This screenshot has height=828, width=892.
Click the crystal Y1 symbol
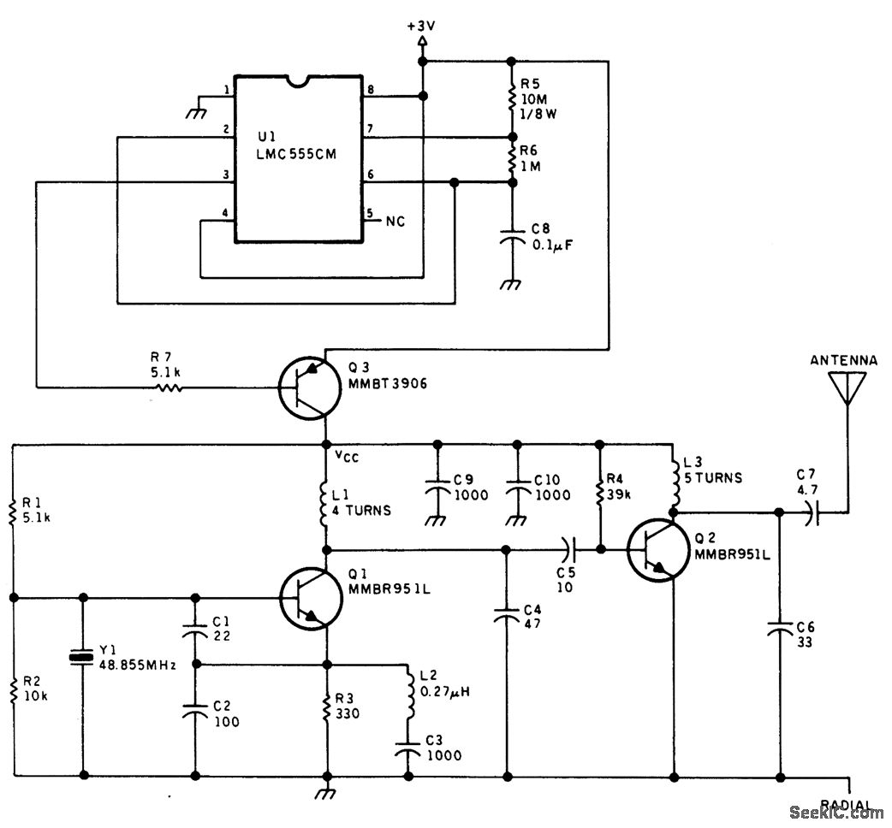pyautogui.click(x=83, y=657)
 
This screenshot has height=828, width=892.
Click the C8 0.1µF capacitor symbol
pyautogui.click(x=511, y=240)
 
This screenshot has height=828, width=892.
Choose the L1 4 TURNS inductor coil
pyautogui.click(x=327, y=503)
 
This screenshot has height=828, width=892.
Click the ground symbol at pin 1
pyautogui.click(x=198, y=109)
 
